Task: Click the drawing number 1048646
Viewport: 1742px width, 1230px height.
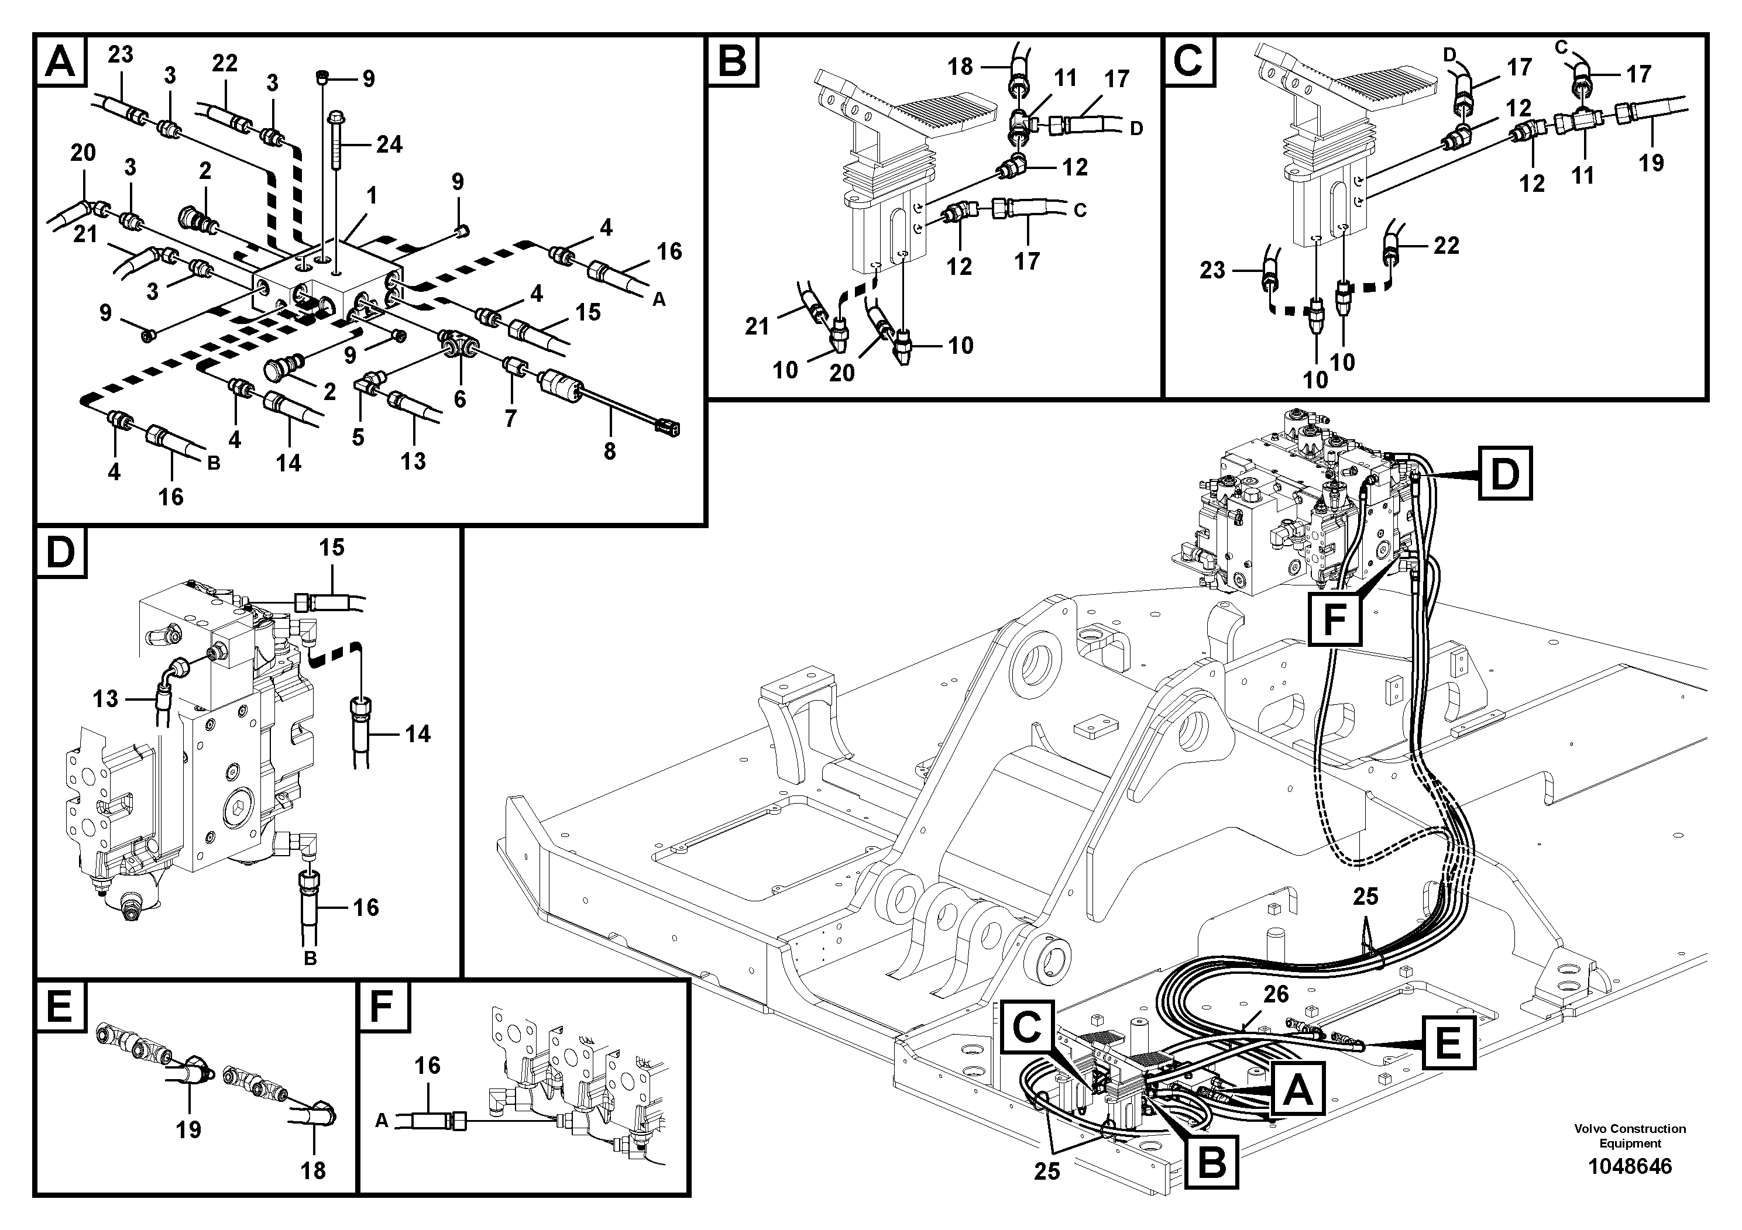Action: tap(1629, 1166)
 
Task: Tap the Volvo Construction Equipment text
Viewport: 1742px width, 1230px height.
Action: tap(1629, 1135)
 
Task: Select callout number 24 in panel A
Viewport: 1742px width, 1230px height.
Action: tap(389, 144)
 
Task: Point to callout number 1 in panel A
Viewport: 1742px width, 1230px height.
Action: tap(371, 196)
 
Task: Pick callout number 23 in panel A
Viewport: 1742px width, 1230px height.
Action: tap(120, 54)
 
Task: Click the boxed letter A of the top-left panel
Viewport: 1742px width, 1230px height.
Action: tap(61, 61)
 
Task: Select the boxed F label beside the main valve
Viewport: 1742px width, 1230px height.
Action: tap(1334, 619)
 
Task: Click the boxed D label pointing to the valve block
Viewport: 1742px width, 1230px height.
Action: tap(1504, 474)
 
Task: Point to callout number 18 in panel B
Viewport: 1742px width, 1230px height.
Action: tap(960, 67)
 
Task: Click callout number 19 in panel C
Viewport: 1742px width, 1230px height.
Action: tap(1651, 162)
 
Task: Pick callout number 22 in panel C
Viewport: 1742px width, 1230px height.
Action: tap(1446, 245)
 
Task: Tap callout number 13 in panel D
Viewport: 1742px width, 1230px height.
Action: tap(105, 698)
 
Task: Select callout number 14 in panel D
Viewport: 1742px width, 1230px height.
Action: tap(417, 733)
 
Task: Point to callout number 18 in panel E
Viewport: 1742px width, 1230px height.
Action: tap(312, 1170)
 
